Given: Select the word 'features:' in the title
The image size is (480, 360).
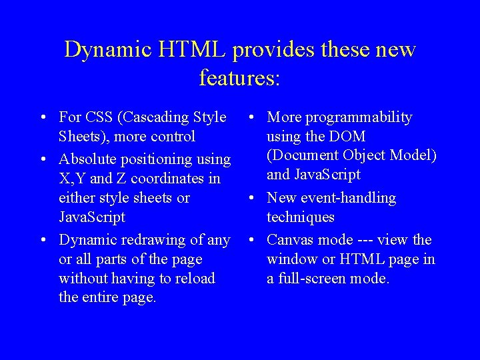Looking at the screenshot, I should tap(240, 78).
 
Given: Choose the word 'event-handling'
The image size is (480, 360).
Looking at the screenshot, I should tap(347, 198).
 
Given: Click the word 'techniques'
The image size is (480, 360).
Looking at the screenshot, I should tap(301, 217).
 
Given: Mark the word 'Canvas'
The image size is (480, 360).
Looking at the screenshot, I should tap(291, 240).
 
